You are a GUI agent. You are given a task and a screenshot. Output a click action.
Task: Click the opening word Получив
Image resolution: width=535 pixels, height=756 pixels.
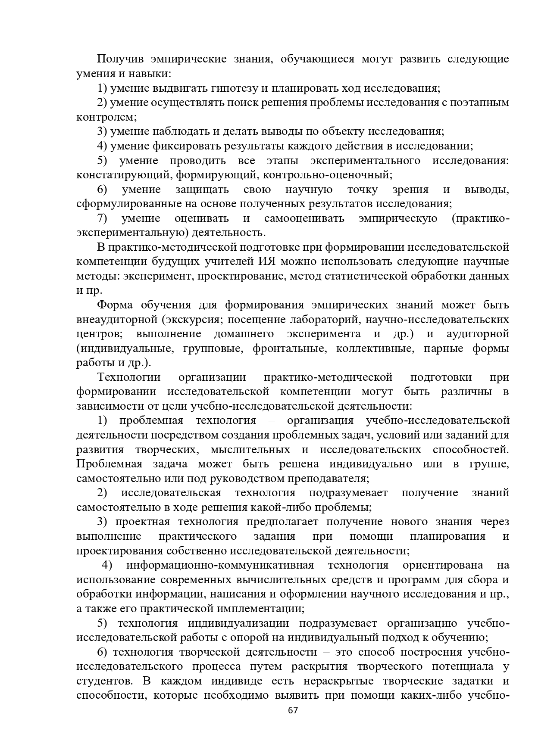pyautogui.click(x=118, y=59)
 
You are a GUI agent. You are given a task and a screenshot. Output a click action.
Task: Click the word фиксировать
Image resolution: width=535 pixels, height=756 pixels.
pyautogui.click(x=187, y=146)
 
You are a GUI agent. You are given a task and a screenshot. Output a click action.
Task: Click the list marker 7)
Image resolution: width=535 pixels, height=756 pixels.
pyautogui.click(x=102, y=218)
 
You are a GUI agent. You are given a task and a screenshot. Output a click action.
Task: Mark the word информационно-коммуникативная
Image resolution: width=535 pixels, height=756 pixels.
pyautogui.click(x=220, y=565)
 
